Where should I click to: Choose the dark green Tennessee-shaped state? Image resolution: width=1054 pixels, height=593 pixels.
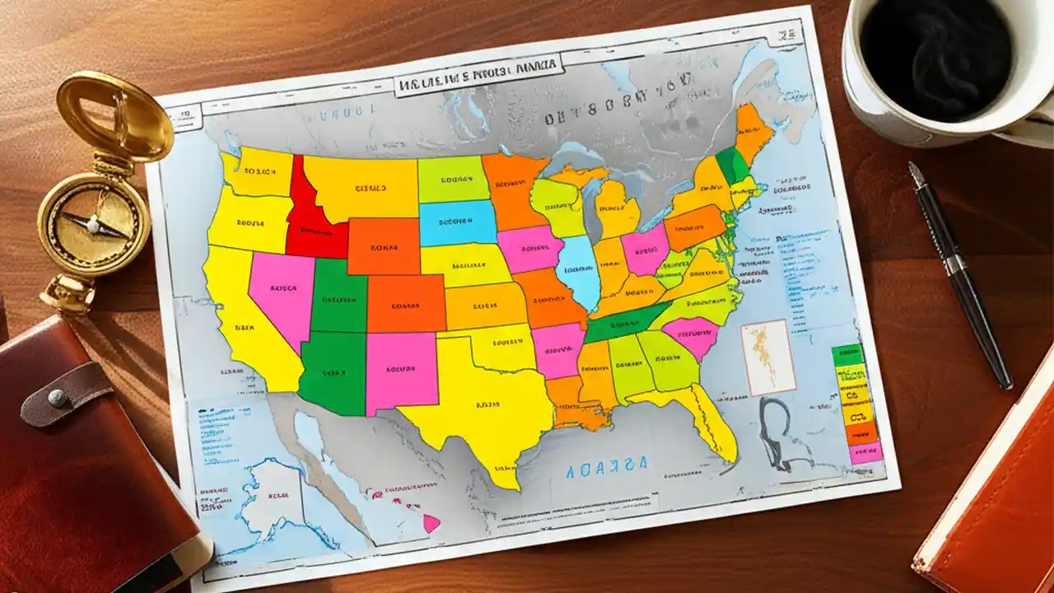point(626,326)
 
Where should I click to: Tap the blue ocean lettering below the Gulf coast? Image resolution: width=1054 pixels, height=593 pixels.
point(607,466)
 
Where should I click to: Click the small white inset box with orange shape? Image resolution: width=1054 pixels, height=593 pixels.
point(767,357)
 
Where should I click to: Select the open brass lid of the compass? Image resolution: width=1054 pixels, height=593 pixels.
point(115,115)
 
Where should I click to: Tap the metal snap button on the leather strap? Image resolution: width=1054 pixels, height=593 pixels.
point(58,398)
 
